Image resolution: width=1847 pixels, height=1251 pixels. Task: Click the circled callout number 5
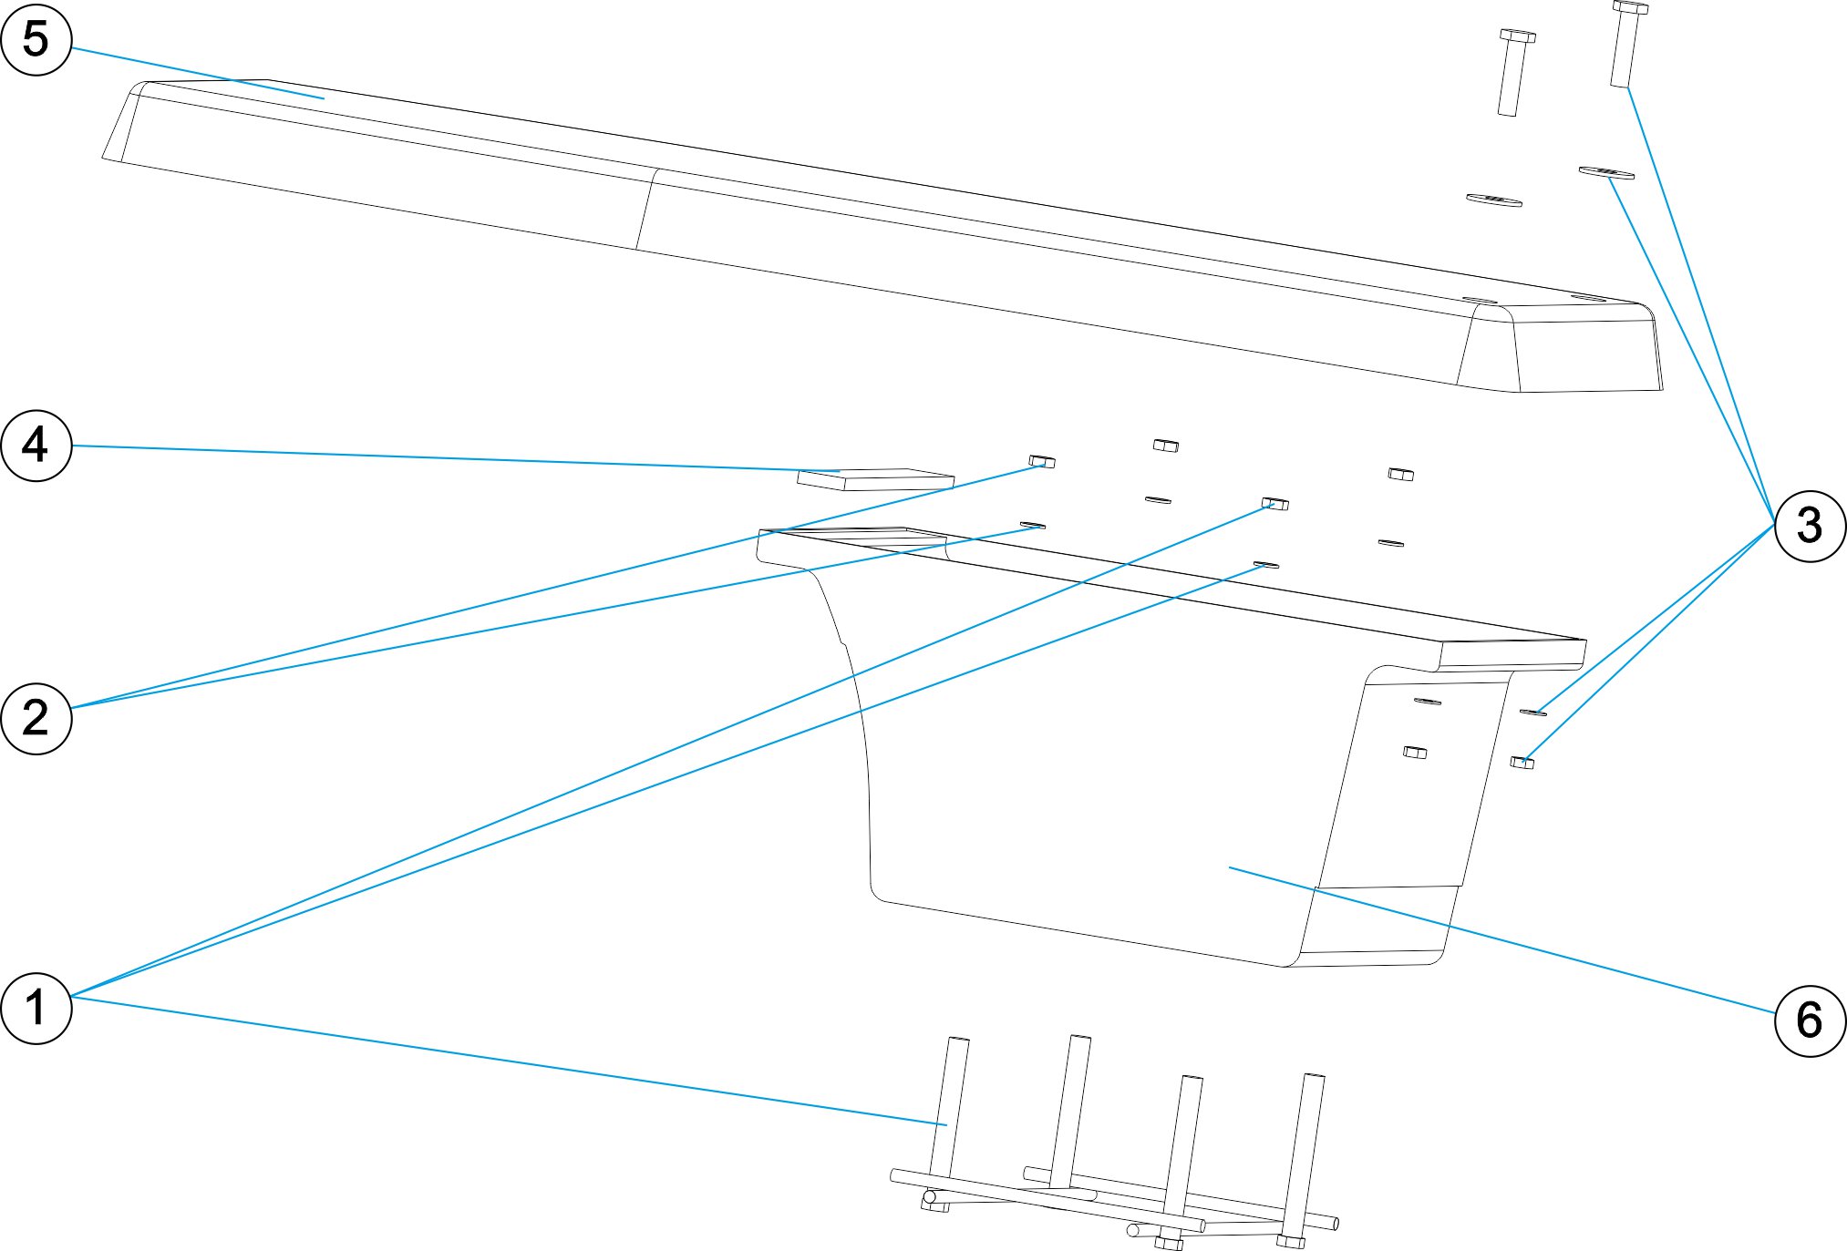(36, 39)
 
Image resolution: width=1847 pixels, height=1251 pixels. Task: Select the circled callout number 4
(36, 445)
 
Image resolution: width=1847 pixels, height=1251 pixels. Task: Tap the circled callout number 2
(36, 718)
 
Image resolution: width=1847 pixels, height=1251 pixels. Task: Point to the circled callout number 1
(36, 1007)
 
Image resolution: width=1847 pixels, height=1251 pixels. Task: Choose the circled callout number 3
(1810, 526)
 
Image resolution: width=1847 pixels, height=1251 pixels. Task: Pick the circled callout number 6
(1810, 1020)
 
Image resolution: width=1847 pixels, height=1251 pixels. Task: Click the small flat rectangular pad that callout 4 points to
(875, 479)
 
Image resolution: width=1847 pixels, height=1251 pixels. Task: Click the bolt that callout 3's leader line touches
(1625, 46)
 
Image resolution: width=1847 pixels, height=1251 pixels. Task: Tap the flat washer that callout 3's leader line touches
(1606, 172)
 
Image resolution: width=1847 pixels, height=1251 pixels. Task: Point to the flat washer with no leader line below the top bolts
(1493, 200)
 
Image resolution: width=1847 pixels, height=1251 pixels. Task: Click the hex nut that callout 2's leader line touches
(1042, 461)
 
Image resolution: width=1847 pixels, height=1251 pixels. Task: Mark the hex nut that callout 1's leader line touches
(1274, 503)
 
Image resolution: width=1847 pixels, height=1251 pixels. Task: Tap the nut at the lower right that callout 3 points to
(1522, 762)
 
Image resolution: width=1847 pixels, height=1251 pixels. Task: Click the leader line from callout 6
(1504, 940)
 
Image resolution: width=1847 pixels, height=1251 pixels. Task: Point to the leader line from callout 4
(456, 458)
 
